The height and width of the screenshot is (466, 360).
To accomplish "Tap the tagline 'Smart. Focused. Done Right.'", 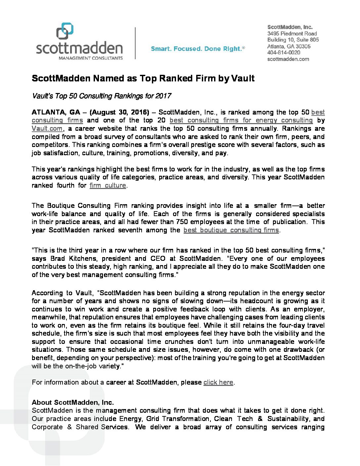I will point(197,49).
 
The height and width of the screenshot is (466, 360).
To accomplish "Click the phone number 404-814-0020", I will point(284,53).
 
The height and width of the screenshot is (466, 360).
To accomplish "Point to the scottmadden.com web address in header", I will point(288,59).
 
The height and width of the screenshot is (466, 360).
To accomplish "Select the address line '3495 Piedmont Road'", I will point(292,33).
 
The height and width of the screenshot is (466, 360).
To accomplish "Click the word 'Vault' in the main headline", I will point(243,78).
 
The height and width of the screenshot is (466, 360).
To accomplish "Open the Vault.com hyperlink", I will point(47,128).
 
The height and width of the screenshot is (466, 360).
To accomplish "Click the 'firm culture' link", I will point(108,185).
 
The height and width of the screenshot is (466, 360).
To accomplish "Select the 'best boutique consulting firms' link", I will point(231,230).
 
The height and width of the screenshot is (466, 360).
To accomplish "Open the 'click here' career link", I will point(218,382).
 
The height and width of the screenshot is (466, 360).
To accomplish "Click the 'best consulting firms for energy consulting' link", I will point(241,120).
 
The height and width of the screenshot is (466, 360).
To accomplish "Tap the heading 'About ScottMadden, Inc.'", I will point(73,402).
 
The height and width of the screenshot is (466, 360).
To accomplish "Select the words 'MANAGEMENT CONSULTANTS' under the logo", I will point(90,58).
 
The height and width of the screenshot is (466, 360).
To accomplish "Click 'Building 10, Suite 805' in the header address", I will point(293,40).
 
